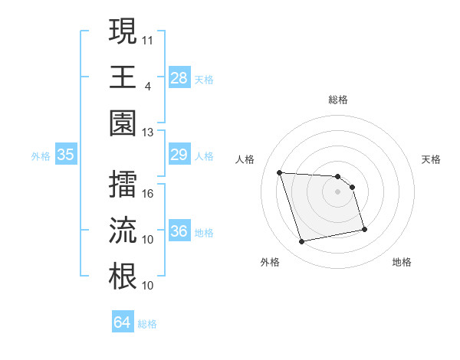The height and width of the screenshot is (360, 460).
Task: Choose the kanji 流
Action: pos(123,231)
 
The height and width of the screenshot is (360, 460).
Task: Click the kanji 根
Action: pos(123,276)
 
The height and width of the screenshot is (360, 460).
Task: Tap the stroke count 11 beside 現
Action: pos(148,38)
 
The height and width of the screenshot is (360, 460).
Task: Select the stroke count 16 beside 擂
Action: pos(148,194)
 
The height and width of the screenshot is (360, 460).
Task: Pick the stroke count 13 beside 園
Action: pos(148,132)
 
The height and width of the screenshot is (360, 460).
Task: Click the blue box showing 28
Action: pos(179,77)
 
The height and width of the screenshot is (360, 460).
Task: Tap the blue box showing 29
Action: pos(179,155)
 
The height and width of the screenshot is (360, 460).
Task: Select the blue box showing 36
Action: pos(179,231)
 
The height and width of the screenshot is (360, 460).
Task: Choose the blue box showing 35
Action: pos(66,155)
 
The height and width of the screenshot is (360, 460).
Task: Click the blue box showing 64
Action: pos(123,322)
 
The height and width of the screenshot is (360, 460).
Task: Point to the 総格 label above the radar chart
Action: pos(338,100)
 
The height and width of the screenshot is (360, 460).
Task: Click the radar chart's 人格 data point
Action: pos(280,172)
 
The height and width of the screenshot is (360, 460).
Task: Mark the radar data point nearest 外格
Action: pos(302,242)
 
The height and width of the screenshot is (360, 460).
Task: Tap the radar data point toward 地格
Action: pos(364,229)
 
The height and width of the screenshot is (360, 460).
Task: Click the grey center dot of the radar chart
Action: pos(338,191)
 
